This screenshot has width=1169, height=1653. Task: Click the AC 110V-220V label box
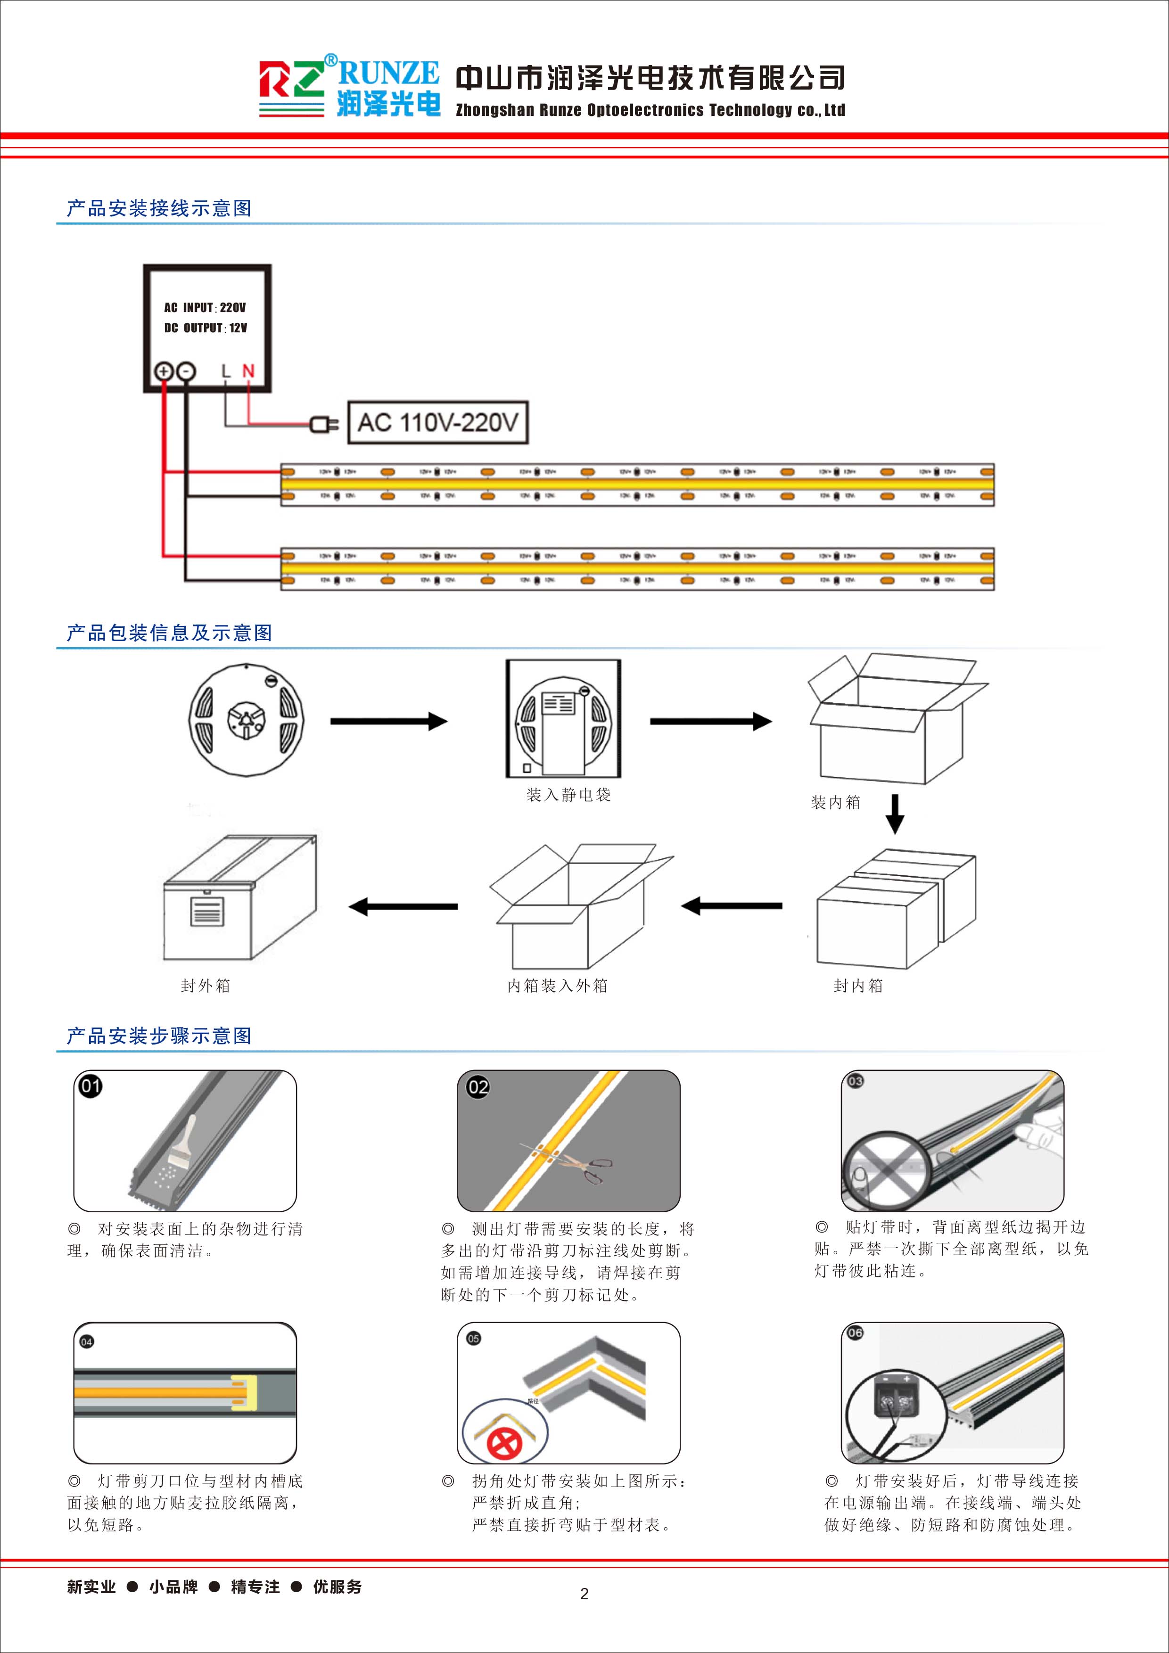437,423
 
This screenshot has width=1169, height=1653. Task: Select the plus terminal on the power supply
164,371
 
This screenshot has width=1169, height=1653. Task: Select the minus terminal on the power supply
186,371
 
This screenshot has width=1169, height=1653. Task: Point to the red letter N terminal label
248,371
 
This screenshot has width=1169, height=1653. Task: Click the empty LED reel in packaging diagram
246,719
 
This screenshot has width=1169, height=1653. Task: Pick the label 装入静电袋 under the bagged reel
568,795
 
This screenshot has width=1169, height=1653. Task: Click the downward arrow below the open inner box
894,814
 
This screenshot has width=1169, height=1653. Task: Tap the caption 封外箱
205,986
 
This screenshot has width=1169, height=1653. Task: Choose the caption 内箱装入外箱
557,986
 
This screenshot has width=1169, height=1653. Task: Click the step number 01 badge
90,1086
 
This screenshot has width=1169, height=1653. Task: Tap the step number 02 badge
478,1087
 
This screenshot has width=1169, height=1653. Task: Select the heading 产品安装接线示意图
159,209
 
